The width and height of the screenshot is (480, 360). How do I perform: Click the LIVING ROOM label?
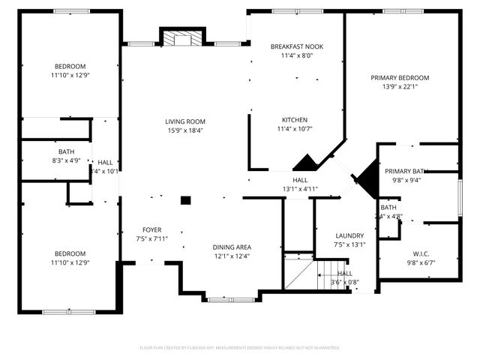coord(185,121)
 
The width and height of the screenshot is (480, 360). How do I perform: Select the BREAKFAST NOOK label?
coord(296,46)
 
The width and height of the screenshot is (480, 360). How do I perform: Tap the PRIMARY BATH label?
coord(406,171)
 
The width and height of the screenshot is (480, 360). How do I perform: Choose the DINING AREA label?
coord(232,247)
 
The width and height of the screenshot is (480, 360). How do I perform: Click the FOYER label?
coord(152,229)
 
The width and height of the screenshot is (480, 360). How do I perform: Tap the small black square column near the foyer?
coord(185,200)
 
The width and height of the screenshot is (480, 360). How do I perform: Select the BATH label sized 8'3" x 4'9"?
coord(66,151)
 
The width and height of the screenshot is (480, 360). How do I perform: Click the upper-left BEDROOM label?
coord(69,65)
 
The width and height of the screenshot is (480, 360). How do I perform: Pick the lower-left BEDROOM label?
coord(69,253)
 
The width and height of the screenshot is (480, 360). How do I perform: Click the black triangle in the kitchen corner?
coord(304,163)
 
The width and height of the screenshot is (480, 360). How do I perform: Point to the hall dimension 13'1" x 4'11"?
coord(299,189)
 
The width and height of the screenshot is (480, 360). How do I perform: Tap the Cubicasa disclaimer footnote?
coord(240,348)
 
